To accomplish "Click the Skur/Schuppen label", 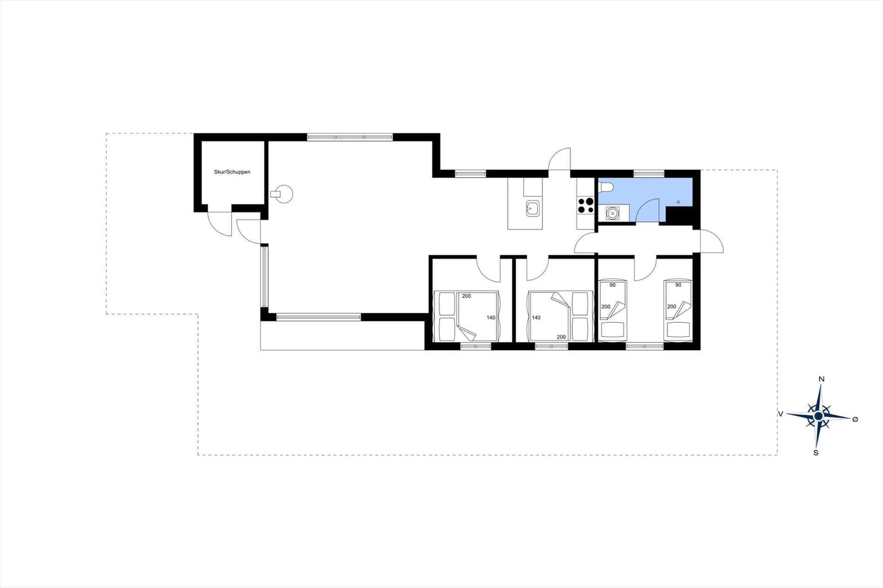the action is point(232,172).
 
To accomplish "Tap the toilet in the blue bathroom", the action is point(605,187).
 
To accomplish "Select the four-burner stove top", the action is point(586,205).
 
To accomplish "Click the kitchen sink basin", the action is point(533,208).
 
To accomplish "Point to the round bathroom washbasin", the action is point(612,213).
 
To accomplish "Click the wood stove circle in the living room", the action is point(284,194).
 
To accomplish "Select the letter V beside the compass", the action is point(780,414).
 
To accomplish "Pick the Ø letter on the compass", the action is point(855,420).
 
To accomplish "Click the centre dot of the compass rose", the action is point(818,416).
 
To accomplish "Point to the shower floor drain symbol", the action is point(678,202).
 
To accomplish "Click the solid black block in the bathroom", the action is point(679,216).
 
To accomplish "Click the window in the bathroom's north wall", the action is point(649,173).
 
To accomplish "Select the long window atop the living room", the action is point(350,137).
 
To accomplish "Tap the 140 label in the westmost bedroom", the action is point(491,318).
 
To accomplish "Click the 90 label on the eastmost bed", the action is point(678,285).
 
